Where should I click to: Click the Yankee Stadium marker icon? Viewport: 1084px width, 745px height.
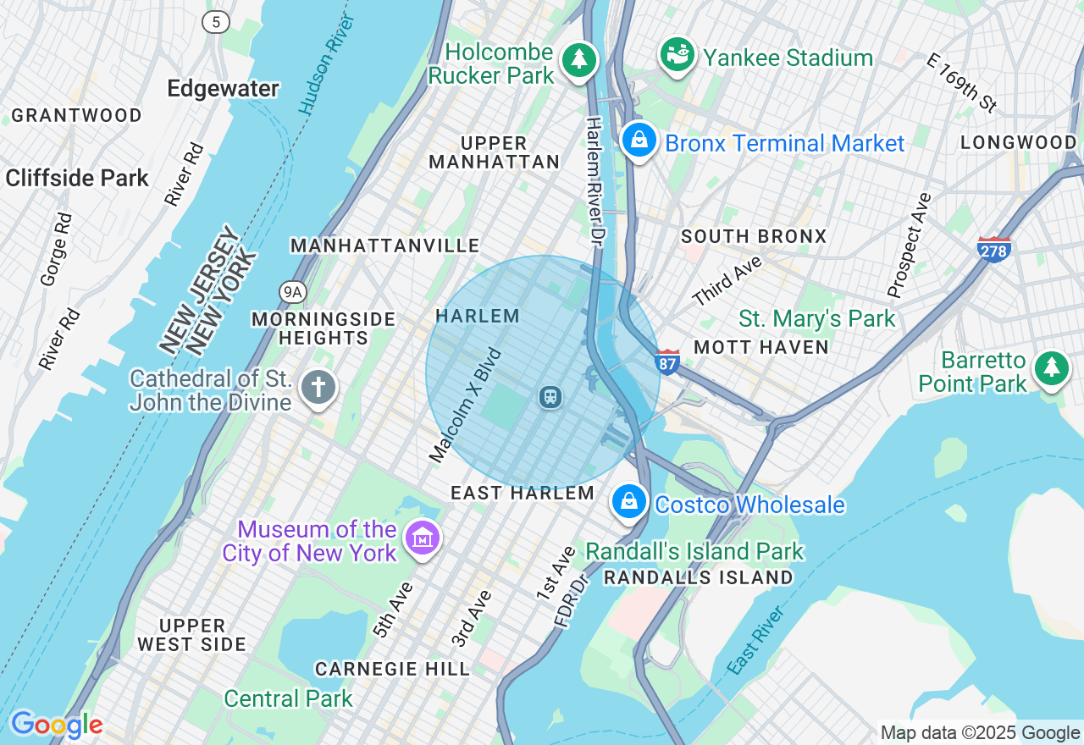coord(677,56)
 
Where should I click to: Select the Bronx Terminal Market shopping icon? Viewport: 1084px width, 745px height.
coord(640,141)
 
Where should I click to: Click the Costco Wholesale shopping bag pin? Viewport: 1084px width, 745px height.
coord(629,502)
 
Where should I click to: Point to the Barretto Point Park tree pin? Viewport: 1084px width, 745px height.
coord(1051,367)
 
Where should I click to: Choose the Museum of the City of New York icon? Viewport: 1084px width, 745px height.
coord(422,538)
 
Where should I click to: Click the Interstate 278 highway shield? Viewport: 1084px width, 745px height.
coord(993,249)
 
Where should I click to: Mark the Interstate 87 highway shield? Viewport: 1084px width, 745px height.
coord(667,361)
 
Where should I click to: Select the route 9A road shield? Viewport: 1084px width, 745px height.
coord(292,292)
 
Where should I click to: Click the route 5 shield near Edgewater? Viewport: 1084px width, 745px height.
coord(216,22)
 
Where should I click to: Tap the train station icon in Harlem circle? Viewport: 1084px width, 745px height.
coord(550,396)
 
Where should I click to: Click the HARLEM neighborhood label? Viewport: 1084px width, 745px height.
coord(477,316)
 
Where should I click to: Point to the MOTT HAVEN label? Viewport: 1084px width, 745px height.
coord(760,347)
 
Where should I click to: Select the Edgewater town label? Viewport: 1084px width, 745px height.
coord(223,89)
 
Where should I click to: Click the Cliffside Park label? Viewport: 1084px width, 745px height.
coord(77,178)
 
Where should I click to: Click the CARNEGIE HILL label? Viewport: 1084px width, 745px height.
coord(392,669)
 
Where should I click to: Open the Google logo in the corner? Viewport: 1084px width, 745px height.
coord(57,725)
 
